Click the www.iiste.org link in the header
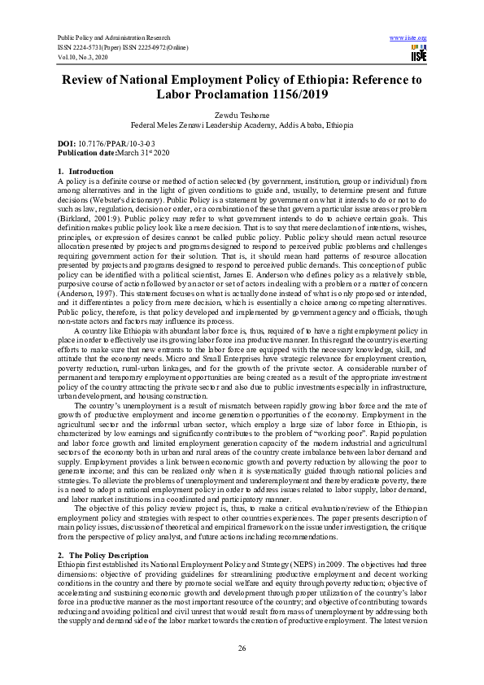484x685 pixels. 408,38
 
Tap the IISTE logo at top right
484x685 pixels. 417,54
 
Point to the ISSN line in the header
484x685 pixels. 123,48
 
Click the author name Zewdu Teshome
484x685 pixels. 242,116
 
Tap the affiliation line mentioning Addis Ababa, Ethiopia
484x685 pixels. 242,125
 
